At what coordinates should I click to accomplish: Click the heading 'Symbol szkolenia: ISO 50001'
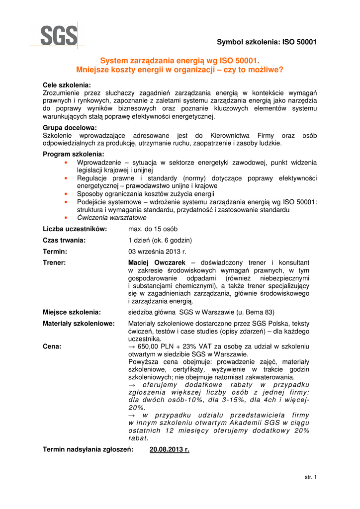[x=267, y=42]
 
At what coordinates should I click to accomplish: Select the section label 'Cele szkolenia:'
[x=67, y=85]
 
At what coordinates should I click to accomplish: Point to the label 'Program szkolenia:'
[x=74, y=155]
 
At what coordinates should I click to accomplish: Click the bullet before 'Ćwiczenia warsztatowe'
[x=66, y=218]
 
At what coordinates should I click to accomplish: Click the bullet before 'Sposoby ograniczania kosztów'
[x=66, y=194]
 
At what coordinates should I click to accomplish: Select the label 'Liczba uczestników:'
[x=75, y=229]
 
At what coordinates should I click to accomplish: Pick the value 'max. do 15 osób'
[x=153, y=229]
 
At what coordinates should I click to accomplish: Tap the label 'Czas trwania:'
[x=64, y=241]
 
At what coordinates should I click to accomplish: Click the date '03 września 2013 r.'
[x=157, y=252]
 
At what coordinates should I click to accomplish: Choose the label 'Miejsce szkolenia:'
[x=72, y=312]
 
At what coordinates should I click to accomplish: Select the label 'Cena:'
[x=52, y=346]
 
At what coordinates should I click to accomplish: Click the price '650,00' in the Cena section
[x=148, y=346]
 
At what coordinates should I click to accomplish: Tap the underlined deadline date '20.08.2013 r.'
[x=170, y=450]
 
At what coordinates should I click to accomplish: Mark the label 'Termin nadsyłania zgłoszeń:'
[x=88, y=450]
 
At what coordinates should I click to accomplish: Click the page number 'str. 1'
[x=310, y=477]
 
